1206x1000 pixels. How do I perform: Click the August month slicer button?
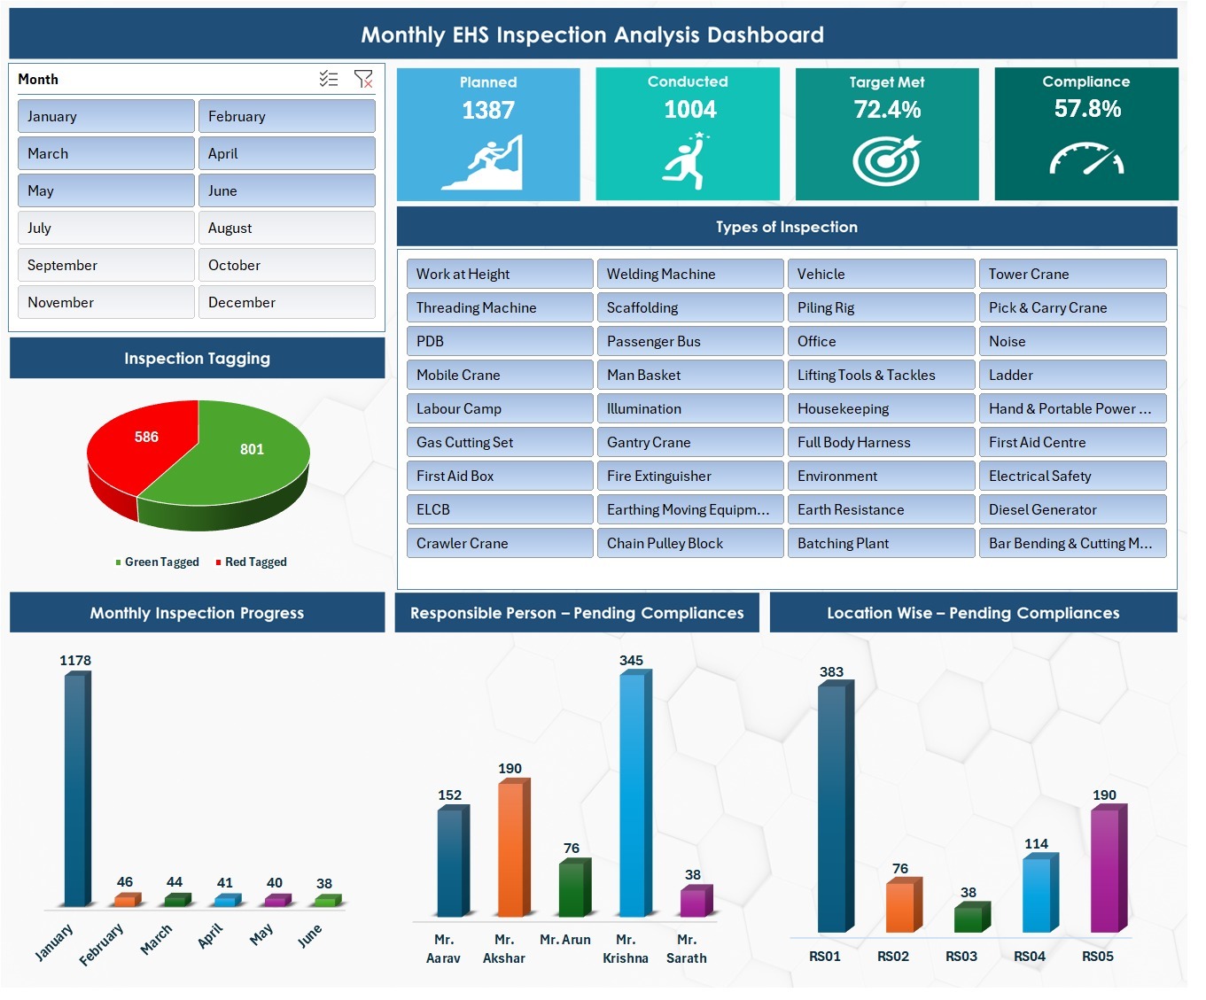coord(286,228)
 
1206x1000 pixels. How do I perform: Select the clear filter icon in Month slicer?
coord(363,79)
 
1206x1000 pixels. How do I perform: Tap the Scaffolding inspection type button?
coord(689,307)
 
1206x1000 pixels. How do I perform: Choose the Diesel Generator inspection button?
coord(1071,509)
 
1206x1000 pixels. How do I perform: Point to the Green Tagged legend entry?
coord(157,562)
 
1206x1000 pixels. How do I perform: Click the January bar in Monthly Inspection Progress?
coord(76,788)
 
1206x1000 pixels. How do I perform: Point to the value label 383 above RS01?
coord(831,671)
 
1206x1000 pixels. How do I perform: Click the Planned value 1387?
coord(488,110)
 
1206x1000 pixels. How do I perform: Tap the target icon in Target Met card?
coord(886,160)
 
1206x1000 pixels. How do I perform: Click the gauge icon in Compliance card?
coord(1086,159)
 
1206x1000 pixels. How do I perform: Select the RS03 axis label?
coord(961,956)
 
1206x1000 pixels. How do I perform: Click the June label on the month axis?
coord(310,935)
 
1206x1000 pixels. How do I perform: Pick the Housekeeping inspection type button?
coord(881,408)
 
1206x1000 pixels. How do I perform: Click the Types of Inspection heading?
coord(786,227)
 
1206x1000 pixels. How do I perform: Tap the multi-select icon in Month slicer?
coord(329,79)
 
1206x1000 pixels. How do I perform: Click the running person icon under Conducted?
coord(687,160)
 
